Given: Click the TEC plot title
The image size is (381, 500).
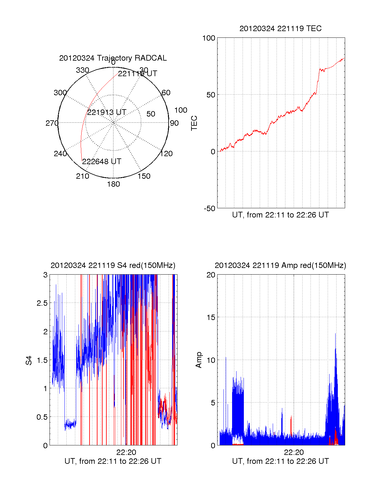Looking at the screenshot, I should (x=280, y=29).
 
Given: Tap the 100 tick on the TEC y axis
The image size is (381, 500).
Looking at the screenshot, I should (x=209, y=38).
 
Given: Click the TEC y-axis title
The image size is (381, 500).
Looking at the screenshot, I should (x=194, y=123).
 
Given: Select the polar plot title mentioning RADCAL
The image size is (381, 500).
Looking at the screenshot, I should (x=113, y=58).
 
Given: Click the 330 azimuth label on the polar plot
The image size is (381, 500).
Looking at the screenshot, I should (x=82, y=70).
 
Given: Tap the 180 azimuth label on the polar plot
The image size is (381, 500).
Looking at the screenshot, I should (x=113, y=184).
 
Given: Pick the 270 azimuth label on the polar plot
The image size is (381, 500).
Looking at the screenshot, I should (x=52, y=123).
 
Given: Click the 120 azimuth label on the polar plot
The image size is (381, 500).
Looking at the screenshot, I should (x=166, y=154).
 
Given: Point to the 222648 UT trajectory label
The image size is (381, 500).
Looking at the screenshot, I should (x=102, y=162).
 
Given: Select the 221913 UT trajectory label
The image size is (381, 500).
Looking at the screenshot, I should (x=107, y=112).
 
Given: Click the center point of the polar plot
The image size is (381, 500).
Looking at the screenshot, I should (x=113, y=123).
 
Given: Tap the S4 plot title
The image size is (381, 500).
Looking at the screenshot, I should (x=113, y=265).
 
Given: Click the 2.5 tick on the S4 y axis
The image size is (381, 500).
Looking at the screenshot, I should (x=42, y=303).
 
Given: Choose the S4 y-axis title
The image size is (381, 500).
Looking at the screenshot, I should (x=29, y=360).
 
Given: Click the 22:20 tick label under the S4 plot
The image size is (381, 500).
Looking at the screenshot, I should (x=126, y=452).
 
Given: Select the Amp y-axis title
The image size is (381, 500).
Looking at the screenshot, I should (x=199, y=360).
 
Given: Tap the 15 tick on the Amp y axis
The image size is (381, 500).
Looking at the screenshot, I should (x=211, y=317).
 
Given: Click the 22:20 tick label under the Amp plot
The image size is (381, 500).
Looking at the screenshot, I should (x=294, y=452).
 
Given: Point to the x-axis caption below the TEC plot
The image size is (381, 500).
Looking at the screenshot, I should (x=280, y=215).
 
